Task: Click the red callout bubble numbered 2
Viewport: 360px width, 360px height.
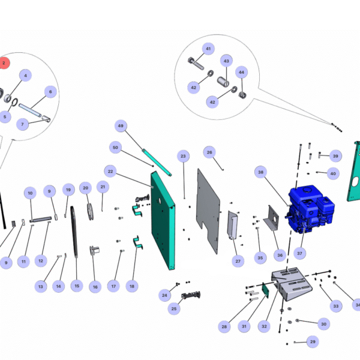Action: tap(4, 62)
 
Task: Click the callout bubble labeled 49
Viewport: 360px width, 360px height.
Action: tap(121, 126)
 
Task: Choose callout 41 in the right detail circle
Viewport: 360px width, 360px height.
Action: tap(208, 49)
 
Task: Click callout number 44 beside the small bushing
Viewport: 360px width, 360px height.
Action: tap(242, 72)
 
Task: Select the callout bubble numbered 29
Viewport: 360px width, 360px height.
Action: tap(312, 341)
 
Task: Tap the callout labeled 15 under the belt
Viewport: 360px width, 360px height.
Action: tap(76, 286)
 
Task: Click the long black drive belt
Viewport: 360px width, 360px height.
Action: tap(74, 231)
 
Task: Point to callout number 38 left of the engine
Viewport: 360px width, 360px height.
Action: tap(261, 172)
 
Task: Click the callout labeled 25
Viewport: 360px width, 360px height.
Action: tap(174, 309)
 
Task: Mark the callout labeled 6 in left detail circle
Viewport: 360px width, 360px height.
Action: tap(50, 92)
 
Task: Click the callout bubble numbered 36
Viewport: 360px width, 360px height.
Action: tap(279, 255)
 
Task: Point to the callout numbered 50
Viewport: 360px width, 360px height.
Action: tap(116, 147)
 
